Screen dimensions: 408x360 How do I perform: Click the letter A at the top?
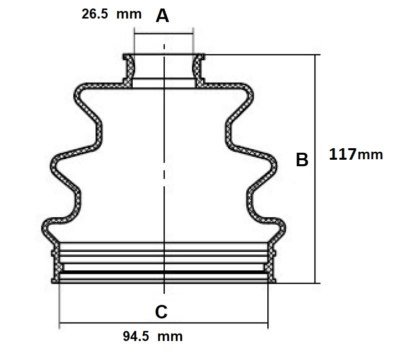click(162, 16)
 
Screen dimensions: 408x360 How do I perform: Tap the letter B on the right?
click(302, 160)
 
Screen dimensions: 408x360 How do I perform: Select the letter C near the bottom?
click(161, 311)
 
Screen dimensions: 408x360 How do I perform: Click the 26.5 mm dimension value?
click(111, 14)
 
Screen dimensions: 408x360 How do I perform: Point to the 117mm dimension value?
click(356, 154)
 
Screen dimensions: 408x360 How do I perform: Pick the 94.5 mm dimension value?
click(153, 336)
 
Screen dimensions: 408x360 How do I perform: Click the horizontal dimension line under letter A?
click(164, 34)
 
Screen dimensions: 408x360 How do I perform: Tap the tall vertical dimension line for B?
click(315, 169)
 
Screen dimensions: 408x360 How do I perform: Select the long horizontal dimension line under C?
click(164, 323)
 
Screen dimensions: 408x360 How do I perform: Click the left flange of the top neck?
click(129, 70)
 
